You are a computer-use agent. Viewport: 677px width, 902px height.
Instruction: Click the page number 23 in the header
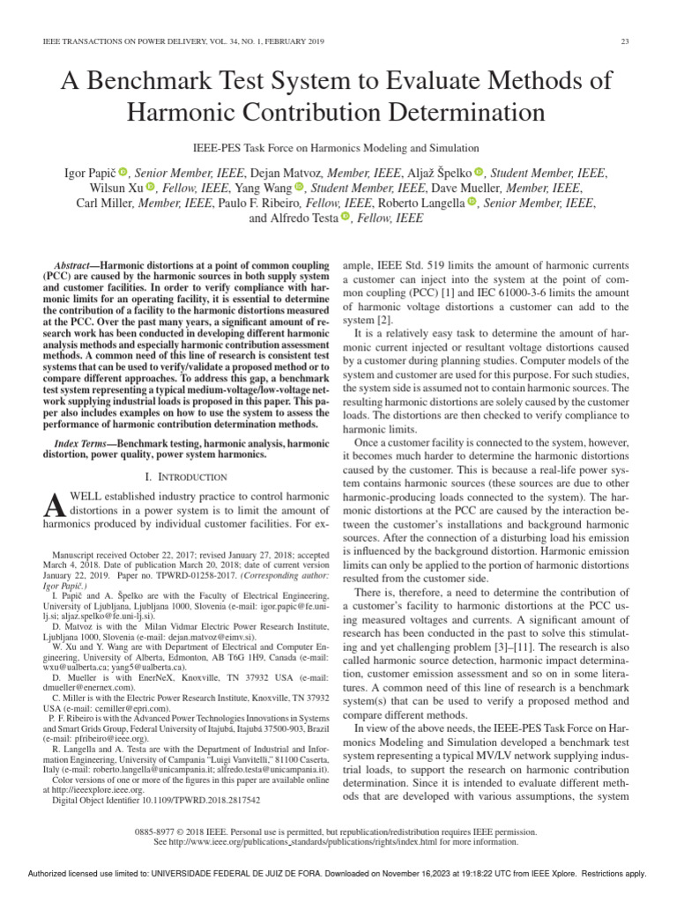pyautogui.click(x=625, y=41)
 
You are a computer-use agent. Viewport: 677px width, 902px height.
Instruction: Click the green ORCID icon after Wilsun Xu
pyautogui.click(x=151, y=187)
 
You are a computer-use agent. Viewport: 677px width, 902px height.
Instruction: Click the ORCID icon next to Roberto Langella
pyautogui.click(x=472, y=203)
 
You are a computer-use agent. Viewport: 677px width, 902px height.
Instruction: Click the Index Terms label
pyautogui.click(x=79, y=443)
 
